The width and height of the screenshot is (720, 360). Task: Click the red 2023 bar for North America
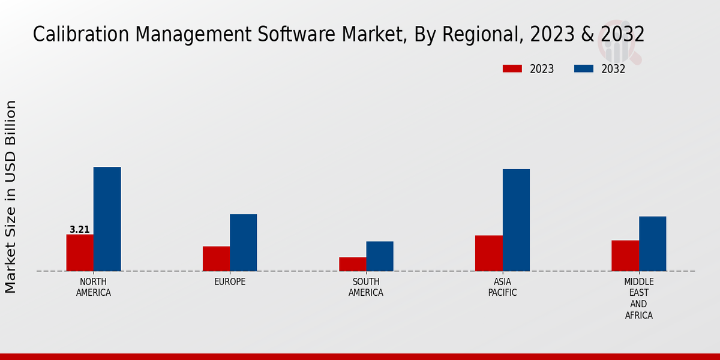point(80,253)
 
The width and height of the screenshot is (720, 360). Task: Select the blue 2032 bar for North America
point(107,219)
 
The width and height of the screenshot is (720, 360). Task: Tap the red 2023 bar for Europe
point(216,259)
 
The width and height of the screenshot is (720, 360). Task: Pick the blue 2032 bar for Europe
point(243,242)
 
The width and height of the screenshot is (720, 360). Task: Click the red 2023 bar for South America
point(352,264)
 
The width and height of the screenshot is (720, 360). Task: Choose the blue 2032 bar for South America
point(380,256)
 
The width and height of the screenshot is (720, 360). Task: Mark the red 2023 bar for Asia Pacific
point(488,253)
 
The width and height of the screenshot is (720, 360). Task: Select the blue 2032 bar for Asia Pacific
point(516,220)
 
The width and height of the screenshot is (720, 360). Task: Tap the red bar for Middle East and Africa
point(625,256)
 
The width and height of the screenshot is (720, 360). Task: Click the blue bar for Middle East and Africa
point(652,244)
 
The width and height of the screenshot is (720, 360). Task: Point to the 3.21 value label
point(80,230)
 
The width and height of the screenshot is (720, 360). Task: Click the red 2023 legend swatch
point(512,69)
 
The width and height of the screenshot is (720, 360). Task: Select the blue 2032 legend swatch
point(583,69)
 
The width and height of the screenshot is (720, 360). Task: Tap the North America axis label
point(94,287)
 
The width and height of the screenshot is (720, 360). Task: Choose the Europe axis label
point(230,282)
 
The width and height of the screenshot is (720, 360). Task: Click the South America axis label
point(366,287)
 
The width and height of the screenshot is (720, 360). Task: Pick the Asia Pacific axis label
point(502,287)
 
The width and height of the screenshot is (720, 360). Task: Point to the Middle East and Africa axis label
point(638,299)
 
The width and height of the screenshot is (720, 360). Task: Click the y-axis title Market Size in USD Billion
point(11,197)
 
